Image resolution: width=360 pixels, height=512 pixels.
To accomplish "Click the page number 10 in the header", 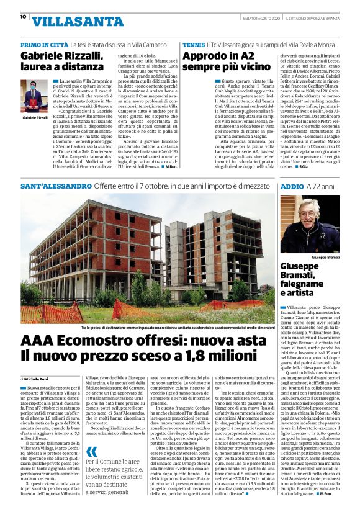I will pyautogui.click(x=22, y=17).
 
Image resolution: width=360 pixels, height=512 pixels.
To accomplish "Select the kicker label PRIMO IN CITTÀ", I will pyautogui.click(x=44, y=46).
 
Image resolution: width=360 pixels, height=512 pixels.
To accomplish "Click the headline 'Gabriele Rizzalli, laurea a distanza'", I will pyautogui.click(x=62, y=61).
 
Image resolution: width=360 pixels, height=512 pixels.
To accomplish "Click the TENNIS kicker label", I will pyautogui.click(x=194, y=46).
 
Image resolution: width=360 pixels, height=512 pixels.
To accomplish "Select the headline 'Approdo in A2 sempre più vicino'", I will pyautogui.click(x=227, y=61).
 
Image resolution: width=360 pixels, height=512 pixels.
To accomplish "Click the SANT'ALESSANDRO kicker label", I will pyautogui.click(x=56, y=186).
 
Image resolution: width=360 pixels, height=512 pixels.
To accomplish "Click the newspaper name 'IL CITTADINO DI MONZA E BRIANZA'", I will pyautogui.click(x=318, y=17).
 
